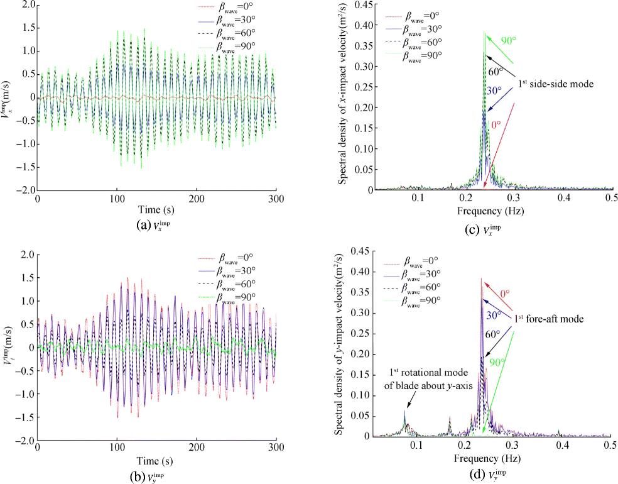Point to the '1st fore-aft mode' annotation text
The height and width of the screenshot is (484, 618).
click(x=548, y=319)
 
